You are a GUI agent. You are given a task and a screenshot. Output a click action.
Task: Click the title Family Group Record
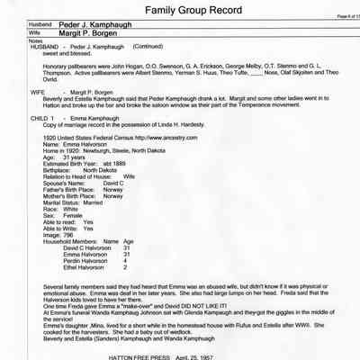179,13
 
